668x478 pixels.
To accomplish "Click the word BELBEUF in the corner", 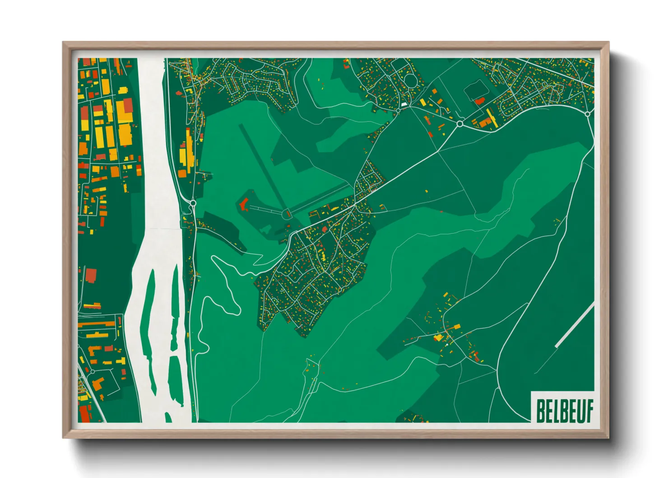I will coord(564,410).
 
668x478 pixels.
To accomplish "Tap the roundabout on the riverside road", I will coord(193,204).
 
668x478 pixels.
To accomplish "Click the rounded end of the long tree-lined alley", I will coord(286,214).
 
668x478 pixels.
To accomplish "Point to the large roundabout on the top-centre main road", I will coord(460,123).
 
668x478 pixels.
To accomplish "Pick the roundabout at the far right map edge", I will coord(587,114).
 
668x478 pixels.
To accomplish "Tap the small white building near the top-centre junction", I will coord(404,104).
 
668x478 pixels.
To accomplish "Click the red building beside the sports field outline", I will coord(480,101).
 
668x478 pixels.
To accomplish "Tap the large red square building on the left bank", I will coord(91,275).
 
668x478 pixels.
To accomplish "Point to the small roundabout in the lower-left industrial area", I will coord(93,371).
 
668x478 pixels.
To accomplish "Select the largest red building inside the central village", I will coord(324,230).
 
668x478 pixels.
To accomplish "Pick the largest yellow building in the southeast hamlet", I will coord(438,337).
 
